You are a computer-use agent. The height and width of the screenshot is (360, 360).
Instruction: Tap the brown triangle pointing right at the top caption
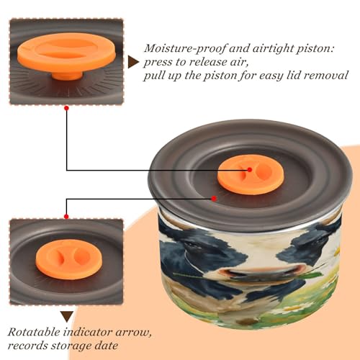(x=133, y=62)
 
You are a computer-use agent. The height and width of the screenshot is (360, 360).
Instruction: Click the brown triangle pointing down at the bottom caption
(x=67, y=317)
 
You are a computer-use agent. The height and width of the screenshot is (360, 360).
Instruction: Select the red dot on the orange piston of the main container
(x=250, y=170)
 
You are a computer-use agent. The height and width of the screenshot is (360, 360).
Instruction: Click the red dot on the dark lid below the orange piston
(x=214, y=199)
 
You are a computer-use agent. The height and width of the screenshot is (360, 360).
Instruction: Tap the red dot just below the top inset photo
(x=67, y=108)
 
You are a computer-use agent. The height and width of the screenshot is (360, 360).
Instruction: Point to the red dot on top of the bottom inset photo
(x=66, y=217)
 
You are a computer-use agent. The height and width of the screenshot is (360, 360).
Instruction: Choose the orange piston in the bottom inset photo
(x=69, y=259)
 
